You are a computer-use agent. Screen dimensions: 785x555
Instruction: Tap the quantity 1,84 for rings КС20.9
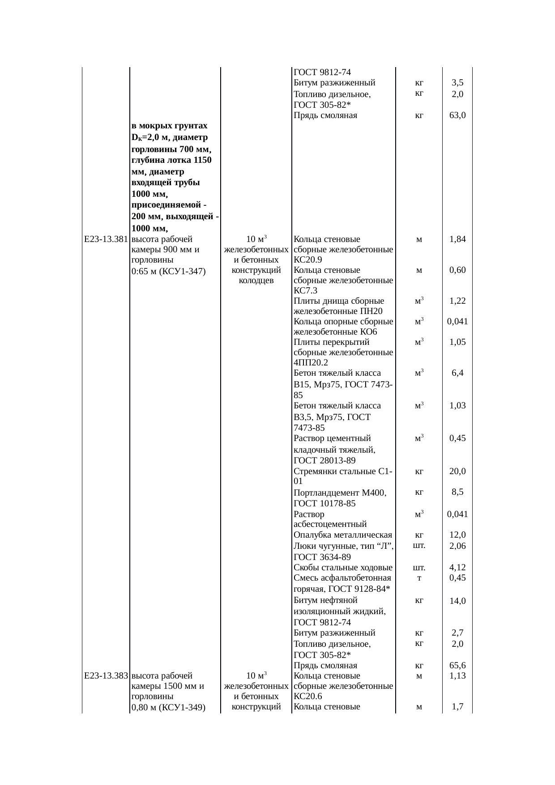[457, 239]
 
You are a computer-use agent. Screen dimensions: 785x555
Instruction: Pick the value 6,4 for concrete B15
[457, 373]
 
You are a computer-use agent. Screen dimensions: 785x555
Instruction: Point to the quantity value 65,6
[457, 666]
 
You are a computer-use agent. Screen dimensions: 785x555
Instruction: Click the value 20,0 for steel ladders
[457, 471]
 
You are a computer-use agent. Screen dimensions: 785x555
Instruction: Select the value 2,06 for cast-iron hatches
[457, 546]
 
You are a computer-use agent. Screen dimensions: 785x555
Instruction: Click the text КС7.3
[305, 291]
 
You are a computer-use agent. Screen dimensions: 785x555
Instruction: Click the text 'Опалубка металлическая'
[343, 535]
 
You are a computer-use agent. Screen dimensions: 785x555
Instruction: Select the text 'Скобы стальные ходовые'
[343, 568]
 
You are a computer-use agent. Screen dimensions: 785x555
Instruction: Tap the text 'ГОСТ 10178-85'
[324, 504]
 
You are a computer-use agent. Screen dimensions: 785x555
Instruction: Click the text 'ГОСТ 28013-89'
[324, 460]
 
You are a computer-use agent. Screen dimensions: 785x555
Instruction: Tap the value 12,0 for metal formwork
[457, 535]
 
